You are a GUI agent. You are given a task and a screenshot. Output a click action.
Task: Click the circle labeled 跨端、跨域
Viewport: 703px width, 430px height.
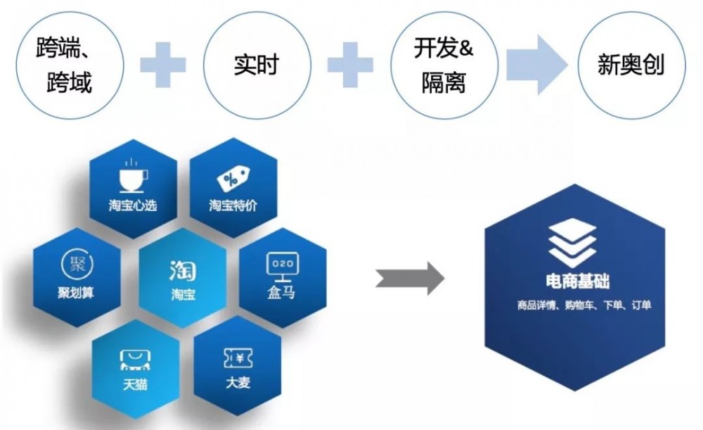click(64, 65)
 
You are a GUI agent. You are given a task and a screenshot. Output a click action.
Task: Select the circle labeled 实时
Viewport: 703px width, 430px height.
click(256, 65)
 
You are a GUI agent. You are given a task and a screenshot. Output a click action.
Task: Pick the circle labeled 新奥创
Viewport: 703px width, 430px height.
click(631, 65)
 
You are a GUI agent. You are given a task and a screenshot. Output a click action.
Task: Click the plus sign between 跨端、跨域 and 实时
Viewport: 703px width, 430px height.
click(162, 65)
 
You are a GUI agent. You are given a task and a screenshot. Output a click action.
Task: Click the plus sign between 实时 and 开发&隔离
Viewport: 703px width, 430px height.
click(350, 65)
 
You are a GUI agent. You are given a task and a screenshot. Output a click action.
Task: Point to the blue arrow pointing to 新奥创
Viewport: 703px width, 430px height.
click(535, 65)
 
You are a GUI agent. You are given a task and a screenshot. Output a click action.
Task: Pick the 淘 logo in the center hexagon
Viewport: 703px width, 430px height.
click(182, 270)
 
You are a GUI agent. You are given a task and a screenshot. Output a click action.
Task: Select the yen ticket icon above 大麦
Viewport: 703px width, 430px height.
click(238, 359)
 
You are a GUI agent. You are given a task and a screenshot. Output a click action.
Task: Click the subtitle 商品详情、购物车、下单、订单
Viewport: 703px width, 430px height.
click(583, 305)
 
